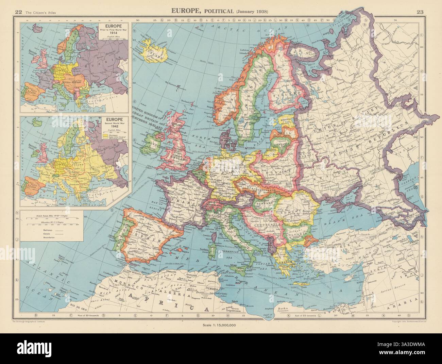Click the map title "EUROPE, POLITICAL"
(205, 11)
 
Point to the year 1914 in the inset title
(109, 38)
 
